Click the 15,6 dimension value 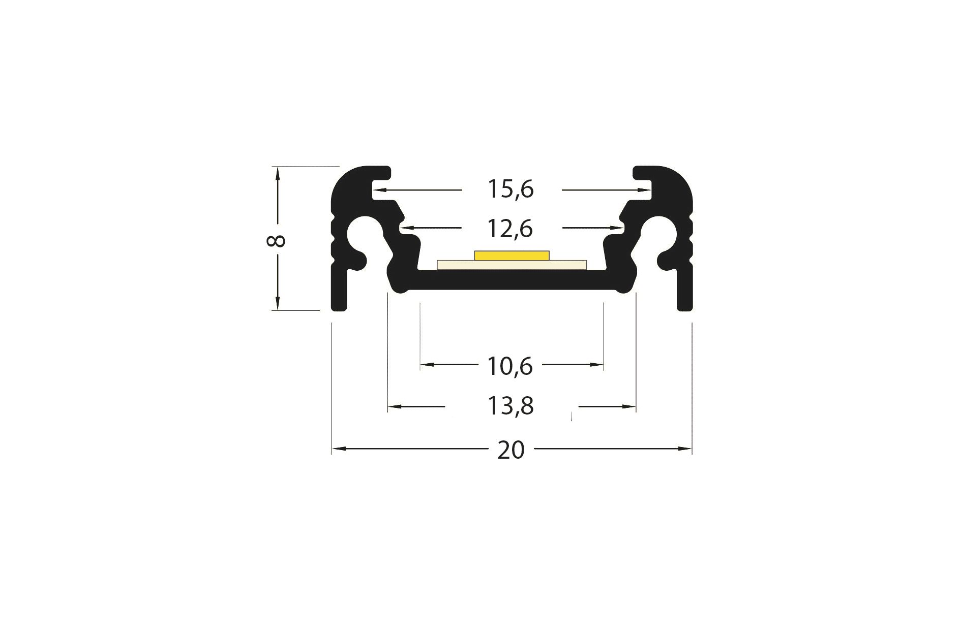[x=510, y=189]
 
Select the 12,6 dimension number [x=510, y=229]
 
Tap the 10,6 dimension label [x=510, y=366]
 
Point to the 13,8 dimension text [x=510, y=406]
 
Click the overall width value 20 [x=510, y=450]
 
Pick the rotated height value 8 [x=276, y=240]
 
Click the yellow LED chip [x=512, y=256]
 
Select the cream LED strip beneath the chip [x=512, y=265]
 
